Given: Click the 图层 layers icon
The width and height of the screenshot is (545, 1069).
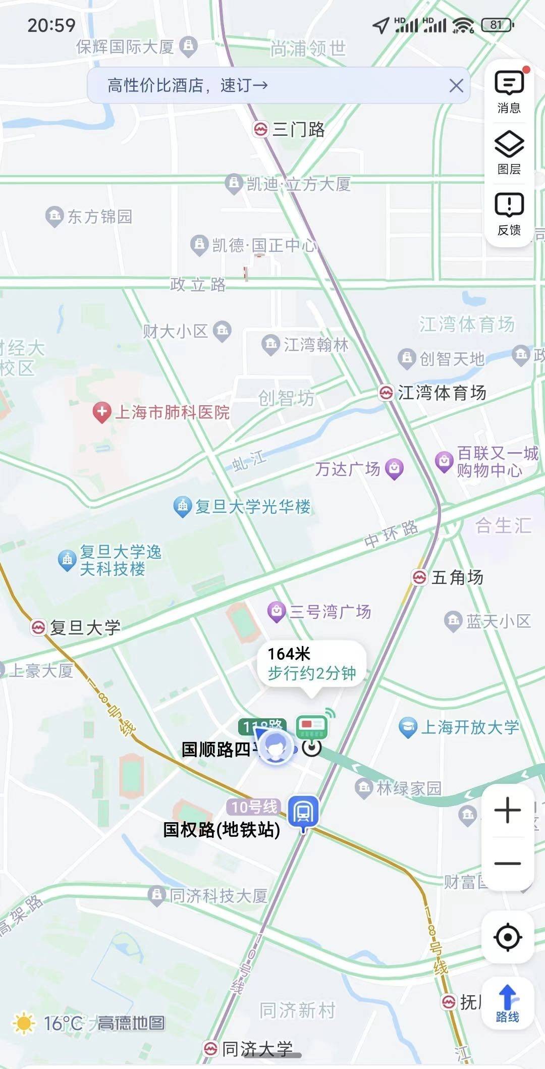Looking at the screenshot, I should (509, 152).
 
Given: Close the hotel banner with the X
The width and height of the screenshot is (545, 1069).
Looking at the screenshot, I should (456, 86).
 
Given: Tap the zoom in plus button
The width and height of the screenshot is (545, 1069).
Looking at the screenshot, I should (508, 811).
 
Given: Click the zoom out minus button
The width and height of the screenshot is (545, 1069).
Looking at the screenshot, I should (508, 864).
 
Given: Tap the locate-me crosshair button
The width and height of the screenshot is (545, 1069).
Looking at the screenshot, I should (508, 937).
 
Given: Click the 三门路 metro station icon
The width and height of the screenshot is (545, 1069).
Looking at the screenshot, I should (260, 130).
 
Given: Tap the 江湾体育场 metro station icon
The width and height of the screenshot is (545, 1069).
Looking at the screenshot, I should (386, 393).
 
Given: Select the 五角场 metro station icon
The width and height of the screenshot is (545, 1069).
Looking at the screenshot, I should (419, 577).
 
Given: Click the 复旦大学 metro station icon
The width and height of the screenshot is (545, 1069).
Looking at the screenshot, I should (38, 627).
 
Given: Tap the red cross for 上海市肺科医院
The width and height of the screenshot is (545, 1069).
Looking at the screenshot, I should (102, 412).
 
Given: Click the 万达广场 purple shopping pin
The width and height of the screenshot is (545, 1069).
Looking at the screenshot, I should (394, 468).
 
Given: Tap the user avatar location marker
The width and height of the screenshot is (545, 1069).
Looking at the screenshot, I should (275, 747).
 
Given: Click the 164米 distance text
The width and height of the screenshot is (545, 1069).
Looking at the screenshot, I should (289, 654).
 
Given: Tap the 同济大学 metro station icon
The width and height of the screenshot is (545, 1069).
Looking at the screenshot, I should (210, 1048).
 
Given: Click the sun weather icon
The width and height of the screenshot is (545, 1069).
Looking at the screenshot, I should (23, 1024).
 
